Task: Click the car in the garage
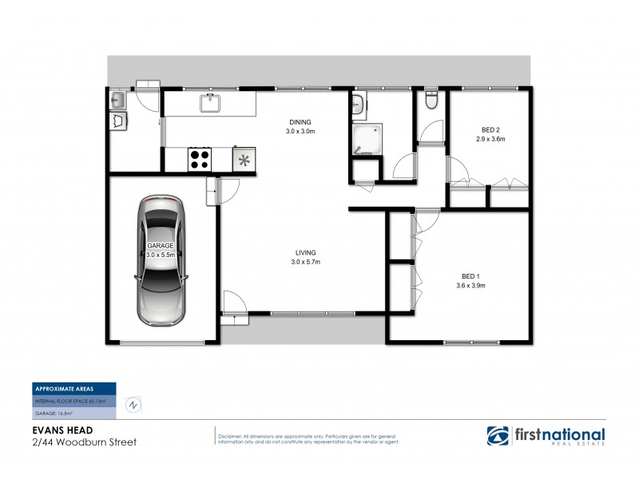[x=162, y=259]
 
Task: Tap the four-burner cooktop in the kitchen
[x=199, y=159]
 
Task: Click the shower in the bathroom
[x=367, y=141]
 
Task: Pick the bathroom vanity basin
[x=359, y=104]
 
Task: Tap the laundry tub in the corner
[x=117, y=101]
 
